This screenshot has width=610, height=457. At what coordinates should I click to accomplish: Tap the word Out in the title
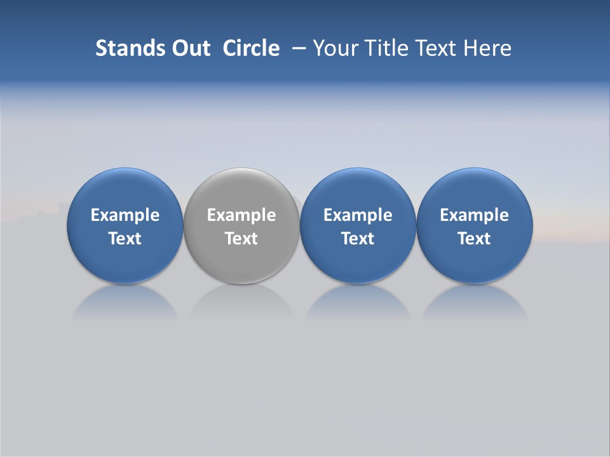coord(190,48)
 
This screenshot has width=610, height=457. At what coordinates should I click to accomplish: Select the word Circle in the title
coord(251,48)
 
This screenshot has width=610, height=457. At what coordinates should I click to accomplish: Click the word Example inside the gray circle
coord(241,215)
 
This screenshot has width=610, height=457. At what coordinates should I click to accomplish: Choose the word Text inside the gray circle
coord(241,239)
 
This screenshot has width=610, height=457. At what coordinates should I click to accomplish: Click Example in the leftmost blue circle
coord(125,215)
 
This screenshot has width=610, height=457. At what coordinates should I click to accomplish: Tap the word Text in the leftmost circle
coord(125,239)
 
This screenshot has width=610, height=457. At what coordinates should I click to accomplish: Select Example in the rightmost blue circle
coord(474,215)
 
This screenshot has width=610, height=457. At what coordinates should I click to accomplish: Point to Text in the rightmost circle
coord(474,239)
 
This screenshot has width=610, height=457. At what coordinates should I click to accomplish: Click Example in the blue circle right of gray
coord(358,215)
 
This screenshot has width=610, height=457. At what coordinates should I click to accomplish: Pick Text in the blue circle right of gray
coord(358,239)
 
